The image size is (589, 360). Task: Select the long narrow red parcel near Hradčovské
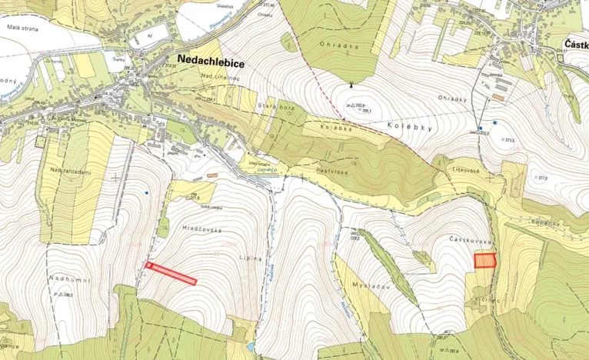[x=171, y=273]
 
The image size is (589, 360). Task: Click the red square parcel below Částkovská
[x=484, y=261]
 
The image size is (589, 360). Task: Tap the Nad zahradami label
[x=70, y=171]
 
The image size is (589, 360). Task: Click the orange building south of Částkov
[x=498, y=98]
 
